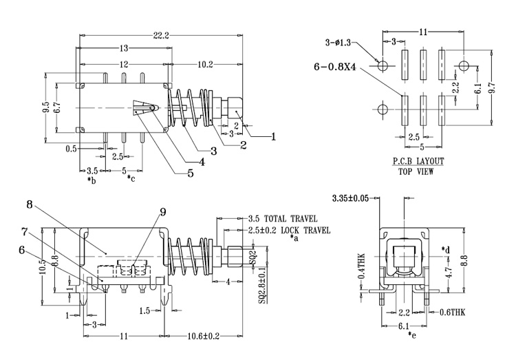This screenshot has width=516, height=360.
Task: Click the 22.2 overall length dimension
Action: tap(161, 35)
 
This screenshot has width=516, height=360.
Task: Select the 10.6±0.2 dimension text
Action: tap(204, 336)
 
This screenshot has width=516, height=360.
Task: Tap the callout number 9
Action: tap(163, 213)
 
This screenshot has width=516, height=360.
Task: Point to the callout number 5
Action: tap(191, 173)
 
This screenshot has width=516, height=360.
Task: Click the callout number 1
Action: tap(273, 137)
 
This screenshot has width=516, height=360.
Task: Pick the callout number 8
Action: tap(30, 204)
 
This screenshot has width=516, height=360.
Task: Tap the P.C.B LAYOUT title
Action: tap(418, 161)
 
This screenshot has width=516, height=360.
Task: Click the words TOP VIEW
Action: tap(416, 171)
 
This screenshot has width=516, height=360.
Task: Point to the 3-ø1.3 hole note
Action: tap(338, 43)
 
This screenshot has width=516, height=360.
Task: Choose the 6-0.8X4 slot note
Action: tap(335, 67)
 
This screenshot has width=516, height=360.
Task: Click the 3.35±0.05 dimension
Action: tap(350, 198)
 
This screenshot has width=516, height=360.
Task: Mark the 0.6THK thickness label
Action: tap(453, 312)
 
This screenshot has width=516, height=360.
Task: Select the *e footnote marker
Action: tap(412, 335)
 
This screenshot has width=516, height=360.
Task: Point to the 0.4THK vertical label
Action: tap(361, 266)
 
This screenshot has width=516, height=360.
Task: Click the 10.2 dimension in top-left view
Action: tap(205, 65)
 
